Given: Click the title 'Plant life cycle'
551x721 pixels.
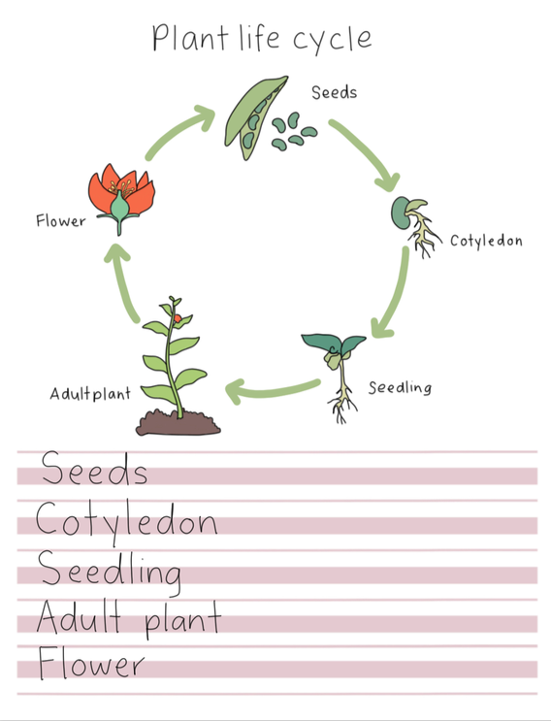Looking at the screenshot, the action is pos(262,39).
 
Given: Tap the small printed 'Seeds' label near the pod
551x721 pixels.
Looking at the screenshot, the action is pos(334,92).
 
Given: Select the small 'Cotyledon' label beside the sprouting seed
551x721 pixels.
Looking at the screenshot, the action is pos(486,241).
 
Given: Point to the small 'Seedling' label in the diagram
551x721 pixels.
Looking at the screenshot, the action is pos(400,387).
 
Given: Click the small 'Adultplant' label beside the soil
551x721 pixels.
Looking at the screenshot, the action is pos(90,394).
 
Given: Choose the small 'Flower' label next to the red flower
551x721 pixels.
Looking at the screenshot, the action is pos(61,220).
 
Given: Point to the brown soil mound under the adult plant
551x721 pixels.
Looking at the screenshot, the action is pos(178,423).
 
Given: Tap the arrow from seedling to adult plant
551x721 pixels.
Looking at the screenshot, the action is pos(271,392).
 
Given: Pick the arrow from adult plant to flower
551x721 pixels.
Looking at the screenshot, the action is pos(121,281).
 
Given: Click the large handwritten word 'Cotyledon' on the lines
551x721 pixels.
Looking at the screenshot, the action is pos(126,523).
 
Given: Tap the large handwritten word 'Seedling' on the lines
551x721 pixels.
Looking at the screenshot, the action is pos(109,573).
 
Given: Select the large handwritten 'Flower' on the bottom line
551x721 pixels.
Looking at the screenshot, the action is pos(91,663).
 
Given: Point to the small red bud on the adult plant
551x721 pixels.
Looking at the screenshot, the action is pos(178,318).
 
